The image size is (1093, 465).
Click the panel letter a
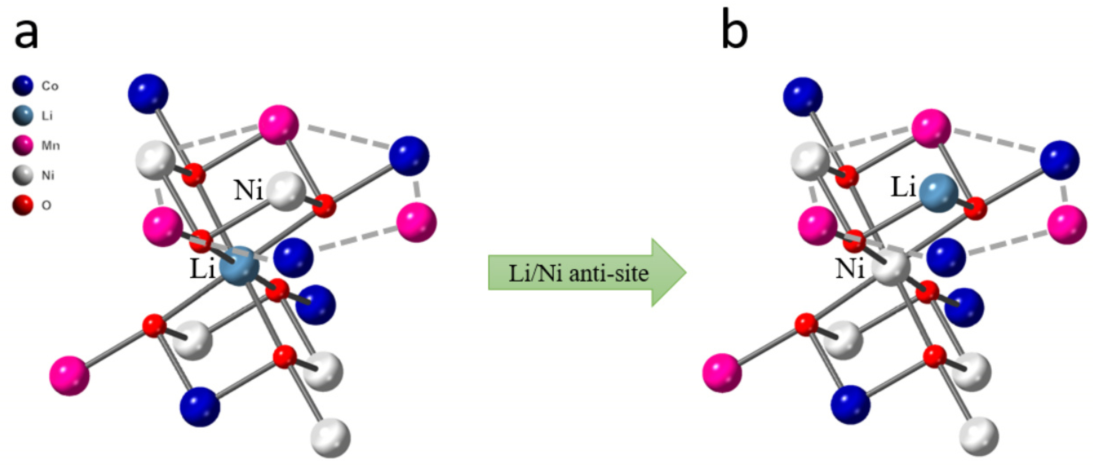[x=26, y=34]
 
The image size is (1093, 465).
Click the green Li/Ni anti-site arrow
[x=586, y=273]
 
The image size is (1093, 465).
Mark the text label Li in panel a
[x=202, y=269]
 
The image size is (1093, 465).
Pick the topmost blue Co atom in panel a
[x=148, y=94]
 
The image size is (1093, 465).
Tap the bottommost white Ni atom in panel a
[x=331, y=438]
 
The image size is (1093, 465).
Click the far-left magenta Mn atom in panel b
[x=722, y=373]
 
